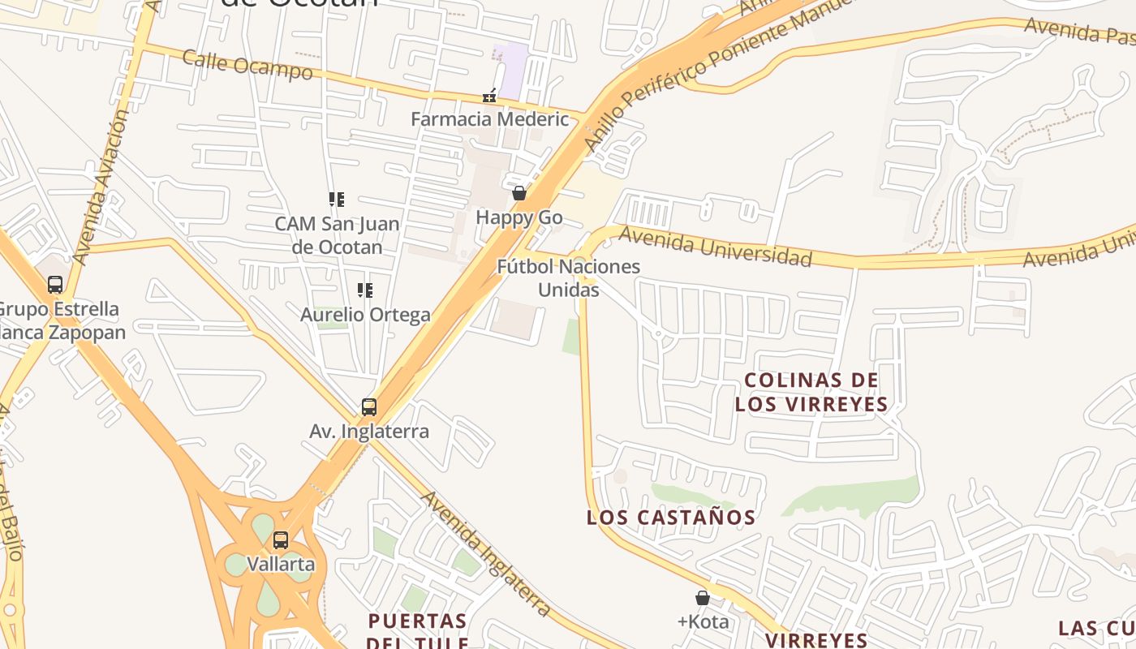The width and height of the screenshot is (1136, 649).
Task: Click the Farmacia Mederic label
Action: click(x=489, y=119)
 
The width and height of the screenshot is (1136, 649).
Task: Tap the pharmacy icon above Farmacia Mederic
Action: click(x=489, y=96)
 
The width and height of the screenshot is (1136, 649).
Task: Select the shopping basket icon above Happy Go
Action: click(x=519, y=193)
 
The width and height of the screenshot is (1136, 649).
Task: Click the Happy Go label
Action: click(x=519, y=217)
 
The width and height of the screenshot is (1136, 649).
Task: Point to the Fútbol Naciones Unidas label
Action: click(x=568, y=277)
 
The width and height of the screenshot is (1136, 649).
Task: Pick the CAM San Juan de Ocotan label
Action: click(x=337, y=234)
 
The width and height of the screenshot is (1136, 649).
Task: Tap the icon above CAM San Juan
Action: click(x=337, y=199)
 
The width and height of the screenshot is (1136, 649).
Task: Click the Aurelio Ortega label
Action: click(x=365, y=315)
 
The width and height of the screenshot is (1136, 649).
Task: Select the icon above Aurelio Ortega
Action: click(x=365, y=290)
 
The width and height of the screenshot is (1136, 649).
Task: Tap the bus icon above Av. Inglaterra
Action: click(x=369, y=406)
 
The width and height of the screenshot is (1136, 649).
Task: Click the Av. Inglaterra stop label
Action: click(x=369, y=432)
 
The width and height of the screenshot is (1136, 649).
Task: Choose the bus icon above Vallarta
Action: click(x=281, y=539)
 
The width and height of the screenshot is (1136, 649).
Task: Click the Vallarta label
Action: click(x=281, y=564)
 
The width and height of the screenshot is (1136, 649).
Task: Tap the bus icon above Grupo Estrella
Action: click(x=55, y=285)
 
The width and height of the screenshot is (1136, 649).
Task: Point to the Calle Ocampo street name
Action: click(x=247, y=65)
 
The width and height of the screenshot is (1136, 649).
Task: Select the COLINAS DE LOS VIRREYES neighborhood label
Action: click(x=811, y=392)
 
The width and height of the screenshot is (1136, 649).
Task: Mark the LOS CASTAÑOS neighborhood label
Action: click(x=671, y=518)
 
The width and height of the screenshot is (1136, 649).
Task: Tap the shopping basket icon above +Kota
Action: click(x=703, y=598)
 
